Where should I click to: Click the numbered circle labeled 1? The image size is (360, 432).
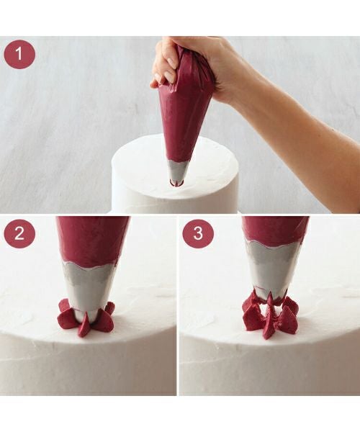point(19,54)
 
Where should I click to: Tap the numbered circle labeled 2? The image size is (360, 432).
point(19,233)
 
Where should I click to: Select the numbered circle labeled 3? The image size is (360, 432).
point(198,233)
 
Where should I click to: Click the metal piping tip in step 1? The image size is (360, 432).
point(176,171)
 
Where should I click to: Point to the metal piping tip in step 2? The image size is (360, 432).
point(89,292)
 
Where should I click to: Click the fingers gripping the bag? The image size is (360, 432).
point(166,66)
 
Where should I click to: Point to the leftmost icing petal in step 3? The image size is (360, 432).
point(249,314)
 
